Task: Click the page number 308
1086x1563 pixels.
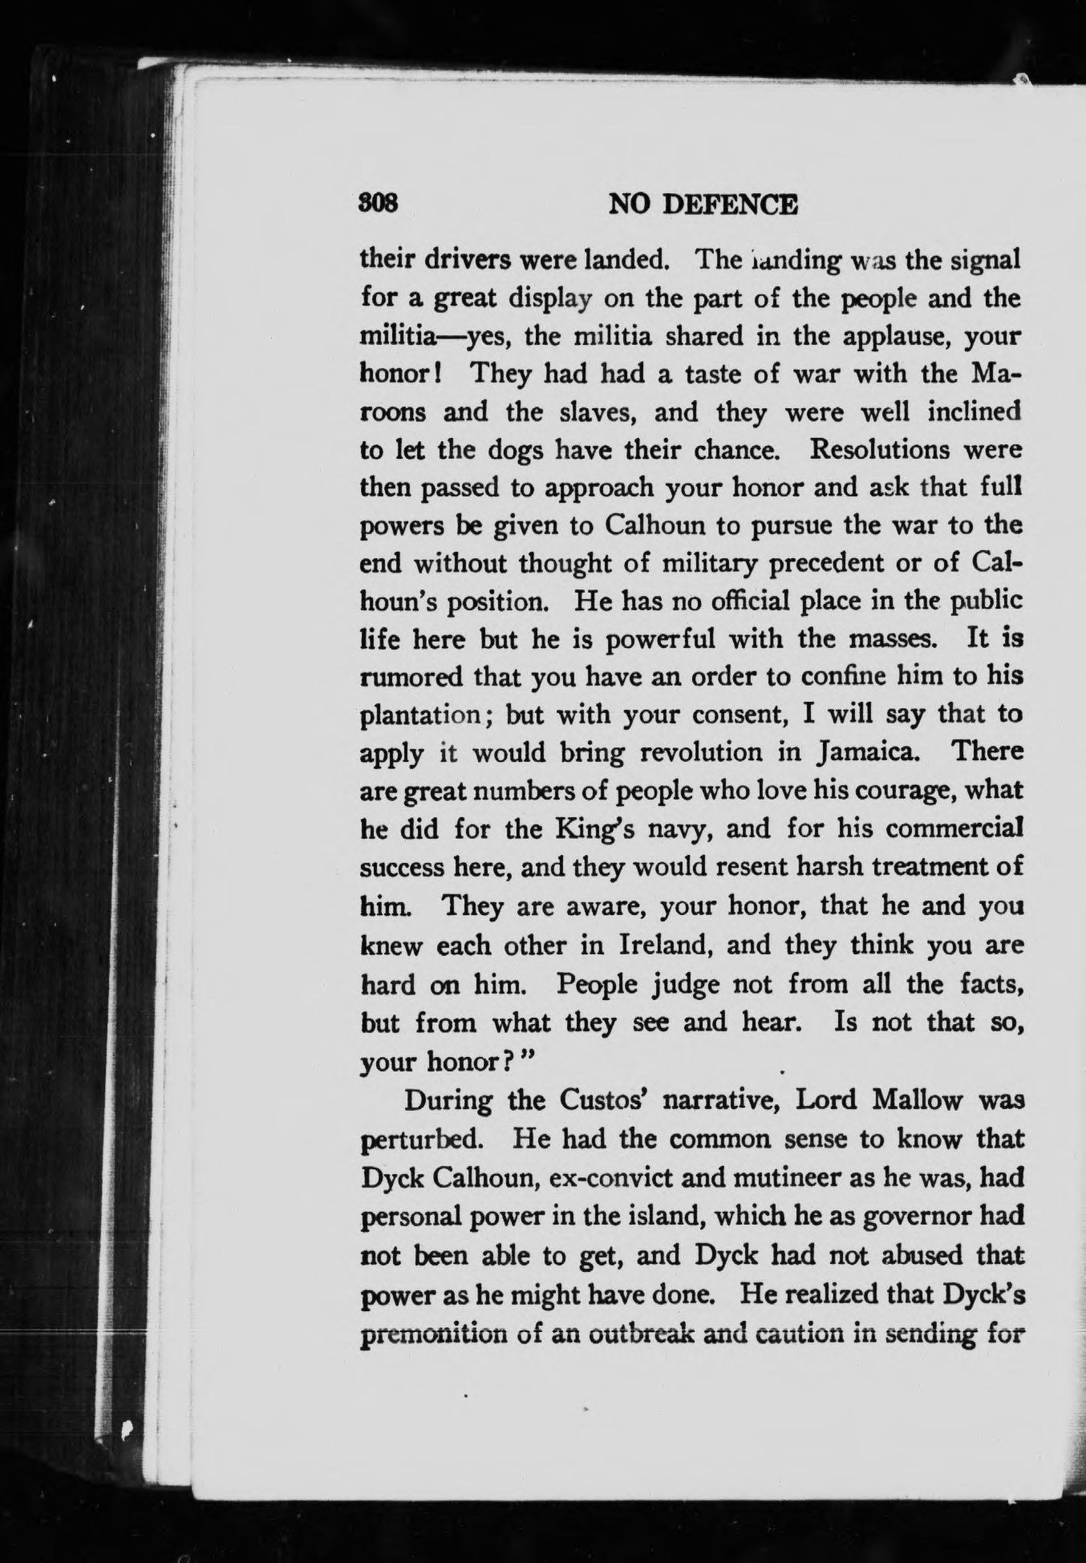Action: tap(379, 205)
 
